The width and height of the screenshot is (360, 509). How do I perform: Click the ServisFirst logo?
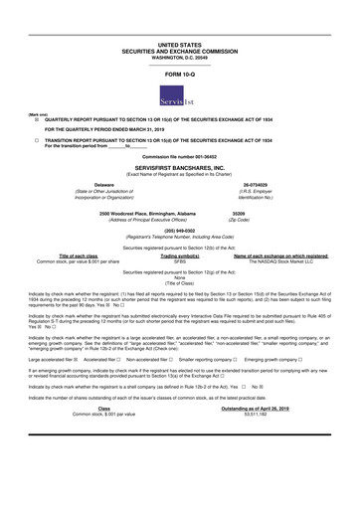[179, 97]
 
